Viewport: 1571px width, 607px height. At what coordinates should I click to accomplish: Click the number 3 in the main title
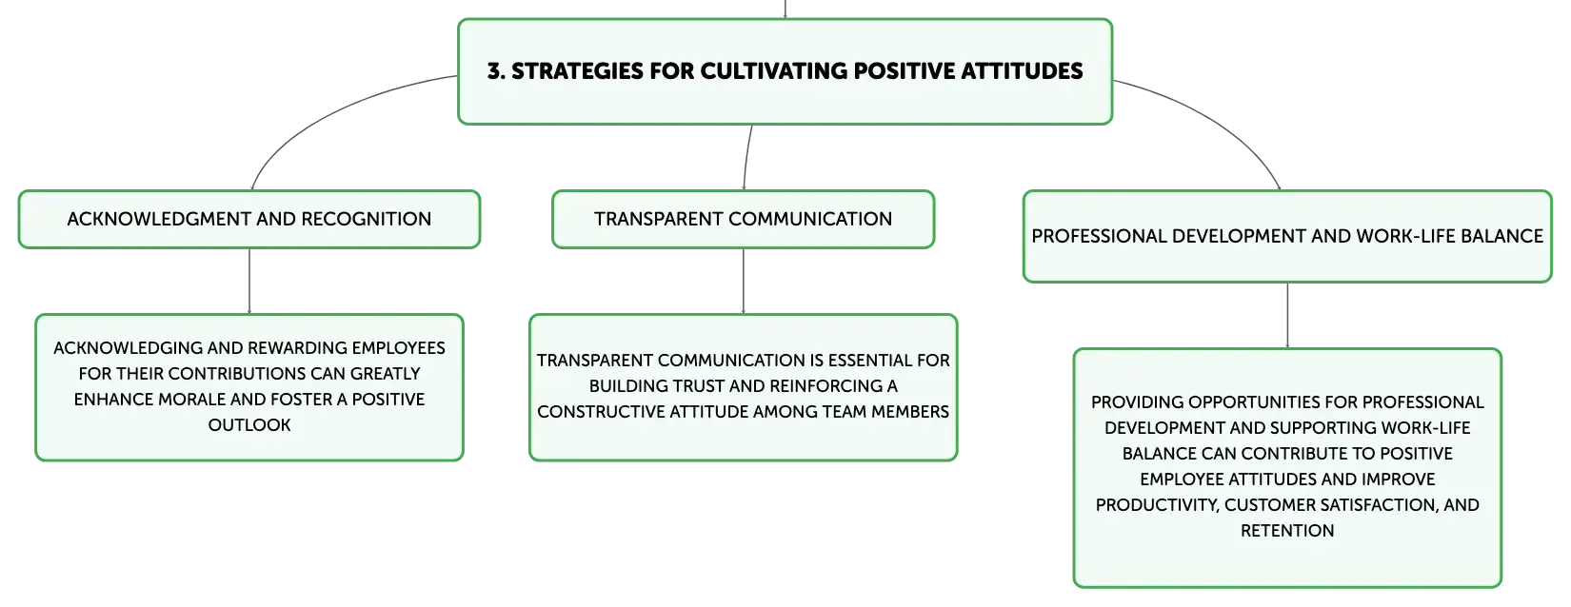(495, 70)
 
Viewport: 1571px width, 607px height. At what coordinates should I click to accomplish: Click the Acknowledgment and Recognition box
(249, 220)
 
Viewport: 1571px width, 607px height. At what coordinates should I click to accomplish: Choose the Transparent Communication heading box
(744, 220)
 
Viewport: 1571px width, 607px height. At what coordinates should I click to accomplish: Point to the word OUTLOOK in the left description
(249, 424)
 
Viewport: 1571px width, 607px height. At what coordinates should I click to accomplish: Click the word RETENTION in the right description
(1287, 531)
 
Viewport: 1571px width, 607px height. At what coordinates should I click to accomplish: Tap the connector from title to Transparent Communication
(746, 158)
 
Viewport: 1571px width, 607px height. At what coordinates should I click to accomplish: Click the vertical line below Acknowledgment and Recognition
(249, 281)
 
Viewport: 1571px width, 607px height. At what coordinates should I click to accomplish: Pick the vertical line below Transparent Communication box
(744, 281)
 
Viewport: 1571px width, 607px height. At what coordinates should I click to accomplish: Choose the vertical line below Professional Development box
(1287, 316)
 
